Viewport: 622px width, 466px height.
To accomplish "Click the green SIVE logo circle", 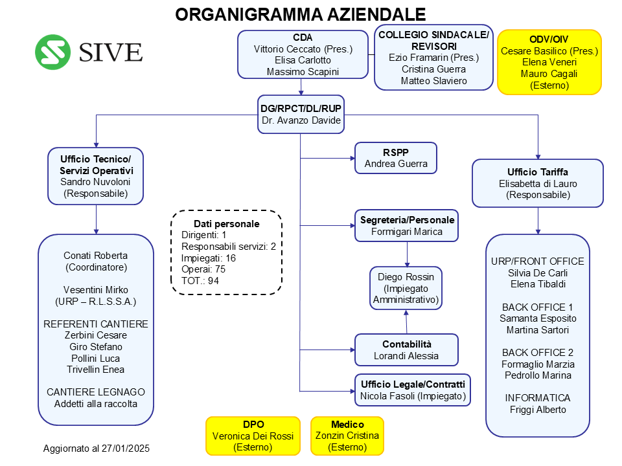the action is (52, 52).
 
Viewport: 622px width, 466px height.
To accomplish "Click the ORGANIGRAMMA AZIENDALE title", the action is (300, 15).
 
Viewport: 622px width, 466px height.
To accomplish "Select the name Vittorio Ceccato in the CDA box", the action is (287, 49).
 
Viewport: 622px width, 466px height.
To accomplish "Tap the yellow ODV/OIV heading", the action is (549, 39).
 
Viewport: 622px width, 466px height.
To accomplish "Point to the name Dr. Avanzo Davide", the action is (301, 120).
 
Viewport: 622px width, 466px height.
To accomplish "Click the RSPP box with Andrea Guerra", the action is (396, 158).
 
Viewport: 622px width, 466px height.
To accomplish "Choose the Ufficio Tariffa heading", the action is (538, 172).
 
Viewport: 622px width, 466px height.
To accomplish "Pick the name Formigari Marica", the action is (407, 232).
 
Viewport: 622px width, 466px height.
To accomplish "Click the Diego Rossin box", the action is (406, 288).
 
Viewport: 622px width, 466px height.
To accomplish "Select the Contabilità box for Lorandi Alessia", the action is (406, 350).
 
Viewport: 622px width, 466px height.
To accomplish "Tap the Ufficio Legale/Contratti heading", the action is (413, 384).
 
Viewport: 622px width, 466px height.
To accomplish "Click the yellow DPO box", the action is (253, 436).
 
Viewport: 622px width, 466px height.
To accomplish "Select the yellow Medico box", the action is (347, 436).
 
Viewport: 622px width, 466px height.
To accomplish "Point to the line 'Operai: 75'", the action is (203, 269).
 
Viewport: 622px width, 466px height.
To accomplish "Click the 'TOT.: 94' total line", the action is (200, 281).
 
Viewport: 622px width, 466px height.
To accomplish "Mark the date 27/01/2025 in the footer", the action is (125, 449).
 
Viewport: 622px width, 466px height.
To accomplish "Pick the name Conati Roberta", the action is (96, 256).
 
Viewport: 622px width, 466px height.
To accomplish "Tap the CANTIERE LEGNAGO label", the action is (96, 392).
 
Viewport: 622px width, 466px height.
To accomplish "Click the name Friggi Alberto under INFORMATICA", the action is (538, 409).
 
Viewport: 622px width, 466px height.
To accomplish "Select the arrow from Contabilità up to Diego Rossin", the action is (406, 322).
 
